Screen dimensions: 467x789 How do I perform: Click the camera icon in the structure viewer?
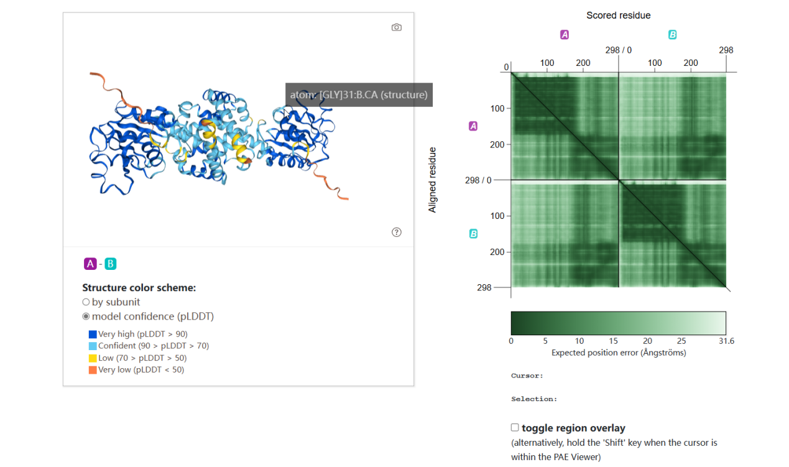[x=396, y=27]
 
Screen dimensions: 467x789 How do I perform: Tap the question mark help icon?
[x=397, y=232]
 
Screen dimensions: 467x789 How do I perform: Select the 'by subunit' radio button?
[x=86, y=302]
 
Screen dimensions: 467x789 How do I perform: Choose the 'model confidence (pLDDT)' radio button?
[x=86, y=317]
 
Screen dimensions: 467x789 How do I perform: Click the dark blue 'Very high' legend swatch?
[x=93, y=334]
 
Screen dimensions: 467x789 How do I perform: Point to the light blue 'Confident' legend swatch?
[x=93, y=346]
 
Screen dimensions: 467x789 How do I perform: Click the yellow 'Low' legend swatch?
[x=93, y=358]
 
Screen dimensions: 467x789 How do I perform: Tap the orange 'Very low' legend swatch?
[x=93, y=369]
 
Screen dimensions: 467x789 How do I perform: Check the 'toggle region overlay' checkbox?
[x=515, y=427]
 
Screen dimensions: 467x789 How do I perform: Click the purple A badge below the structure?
[x=90, y=264]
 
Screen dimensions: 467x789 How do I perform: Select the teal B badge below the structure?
[x=110, y=264]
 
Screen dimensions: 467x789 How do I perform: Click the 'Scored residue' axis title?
[x=618, y=15]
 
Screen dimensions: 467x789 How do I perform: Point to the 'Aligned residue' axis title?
[x=433, y=180]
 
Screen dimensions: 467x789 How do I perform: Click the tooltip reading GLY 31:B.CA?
[x=359, y=95]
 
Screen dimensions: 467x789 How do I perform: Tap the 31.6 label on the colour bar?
[x=726, y=341]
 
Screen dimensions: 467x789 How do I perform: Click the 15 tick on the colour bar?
[x=614, y=341]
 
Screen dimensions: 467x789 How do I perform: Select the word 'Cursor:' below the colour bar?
[x=527, y=376]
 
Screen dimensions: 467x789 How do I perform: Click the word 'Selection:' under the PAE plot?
[x=534, y=399]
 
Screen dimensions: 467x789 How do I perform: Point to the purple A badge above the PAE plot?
[x=565, y=35]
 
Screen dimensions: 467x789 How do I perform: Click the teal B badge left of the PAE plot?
[x=473, y=234]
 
